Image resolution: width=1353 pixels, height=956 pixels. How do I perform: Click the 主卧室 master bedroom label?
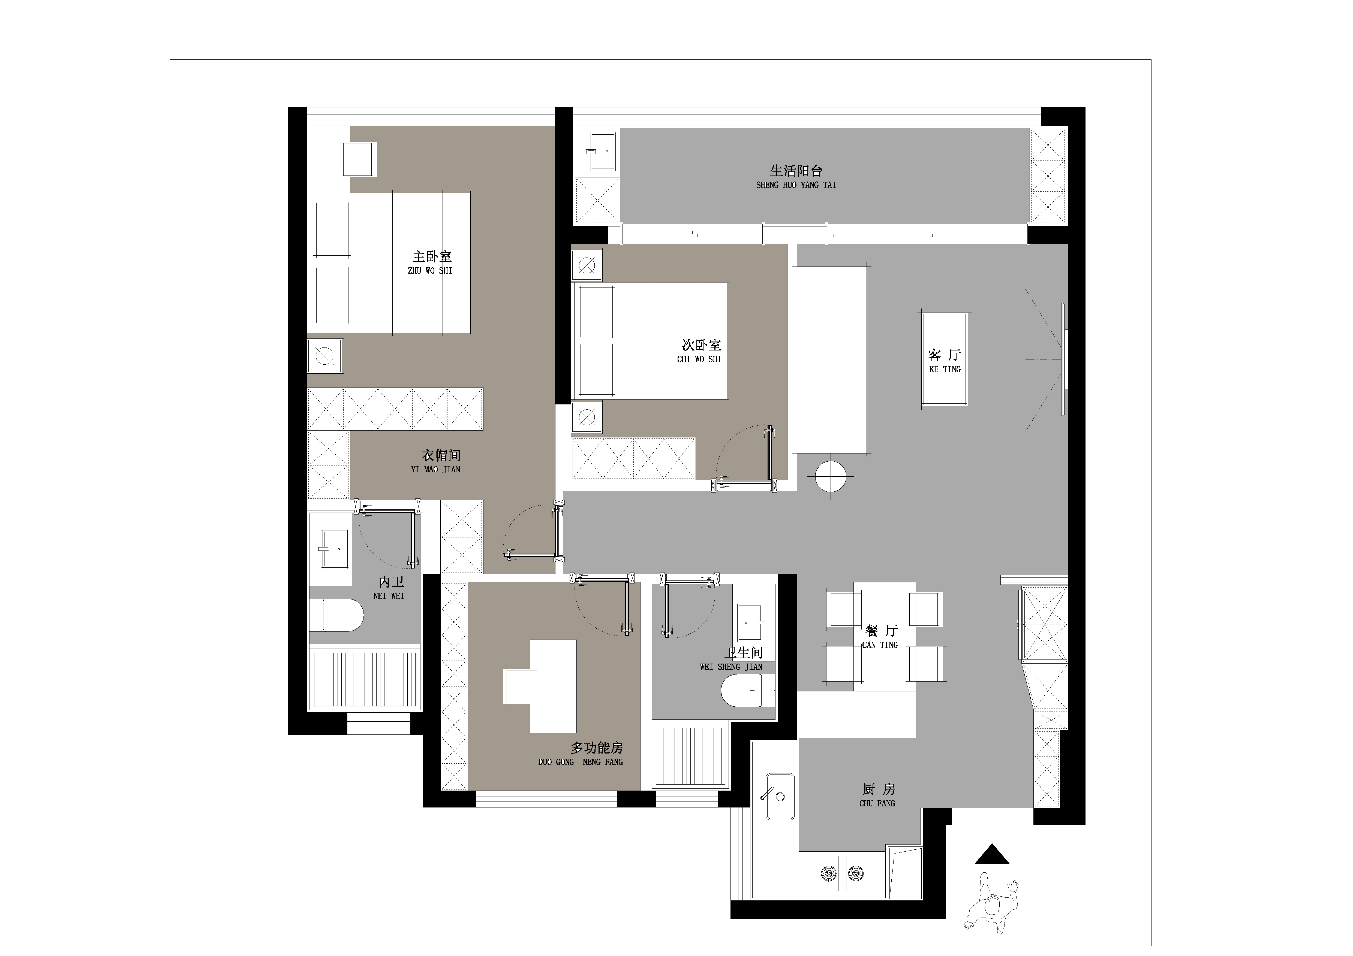pos(432,257)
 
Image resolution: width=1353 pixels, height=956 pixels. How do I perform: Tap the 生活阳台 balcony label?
pos(796,171)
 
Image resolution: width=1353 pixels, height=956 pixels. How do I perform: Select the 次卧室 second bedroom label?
pos(701,345)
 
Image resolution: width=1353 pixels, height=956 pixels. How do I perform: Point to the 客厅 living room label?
pos(945,355)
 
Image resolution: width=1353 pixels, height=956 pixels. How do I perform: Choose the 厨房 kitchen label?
pos(878,789)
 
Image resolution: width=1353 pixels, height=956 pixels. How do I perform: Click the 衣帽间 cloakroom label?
pos(441,455)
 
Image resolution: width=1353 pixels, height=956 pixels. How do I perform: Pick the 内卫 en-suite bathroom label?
pos(391,582)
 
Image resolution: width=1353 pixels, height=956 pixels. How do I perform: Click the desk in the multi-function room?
pos(553,686)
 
